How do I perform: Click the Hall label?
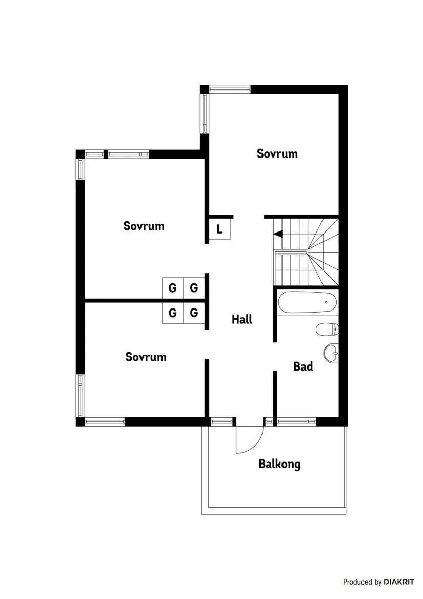pos(242,319)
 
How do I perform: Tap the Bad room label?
pos(303,366)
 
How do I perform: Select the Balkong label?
pos(279,465)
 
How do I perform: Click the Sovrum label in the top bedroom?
pos(277,153)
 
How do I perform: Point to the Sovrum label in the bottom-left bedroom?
pos(146,357)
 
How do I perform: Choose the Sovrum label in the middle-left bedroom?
pos(144,226)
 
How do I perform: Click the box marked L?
pos(219,229)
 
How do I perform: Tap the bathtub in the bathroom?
pos(307,302)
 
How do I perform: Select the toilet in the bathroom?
pos(328,329)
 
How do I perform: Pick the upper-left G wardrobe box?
pos(173,288)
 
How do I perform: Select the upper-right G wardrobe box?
pos(194,288)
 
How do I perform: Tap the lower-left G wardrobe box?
pos(173,312)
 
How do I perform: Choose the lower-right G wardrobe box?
pos(194,312)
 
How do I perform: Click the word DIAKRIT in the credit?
pos(399,582)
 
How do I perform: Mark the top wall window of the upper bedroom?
pos(230,89)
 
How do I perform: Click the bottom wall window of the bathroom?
pos(297,422)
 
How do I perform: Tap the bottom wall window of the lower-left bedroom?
pos(105,422)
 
